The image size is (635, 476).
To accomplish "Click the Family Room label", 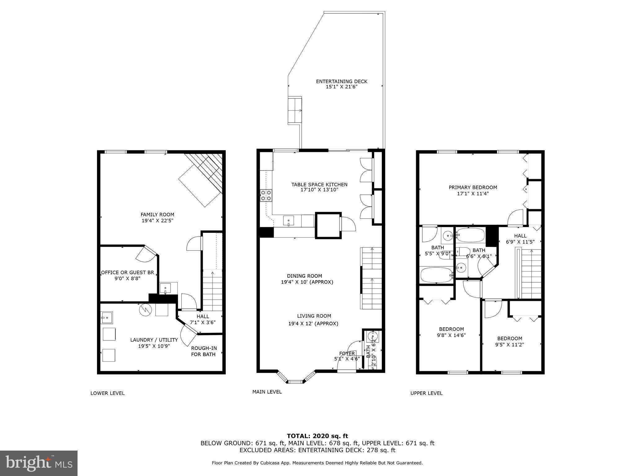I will (157, 214).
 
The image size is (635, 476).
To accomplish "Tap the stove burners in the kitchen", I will (266, 195).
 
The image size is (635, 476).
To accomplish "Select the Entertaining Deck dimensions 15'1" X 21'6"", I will (341, 87).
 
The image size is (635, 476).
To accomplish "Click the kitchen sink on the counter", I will (289, 221).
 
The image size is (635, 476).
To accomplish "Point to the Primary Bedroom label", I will (473, 187).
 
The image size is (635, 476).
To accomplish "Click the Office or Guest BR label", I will (127, 273).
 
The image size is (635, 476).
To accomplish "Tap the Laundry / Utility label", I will (154, 340).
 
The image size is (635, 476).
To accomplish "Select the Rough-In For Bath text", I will (204, 351).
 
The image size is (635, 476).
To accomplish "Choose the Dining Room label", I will (304, 276).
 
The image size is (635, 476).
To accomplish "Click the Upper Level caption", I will (426, 393).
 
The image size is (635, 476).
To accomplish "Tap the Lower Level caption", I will (107, 393).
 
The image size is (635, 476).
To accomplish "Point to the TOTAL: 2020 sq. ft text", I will (317, 436).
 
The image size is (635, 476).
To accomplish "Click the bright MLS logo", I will (39, 463).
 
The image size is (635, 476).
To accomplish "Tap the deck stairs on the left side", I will (295, 110).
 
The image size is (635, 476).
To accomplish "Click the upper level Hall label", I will (520, 236).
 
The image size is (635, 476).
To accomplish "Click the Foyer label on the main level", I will (347, 354).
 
